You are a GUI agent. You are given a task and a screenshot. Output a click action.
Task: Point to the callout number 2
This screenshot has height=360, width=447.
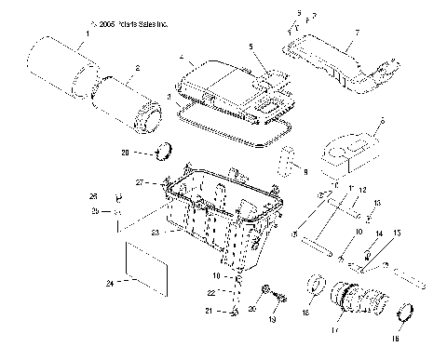tap(138, 67)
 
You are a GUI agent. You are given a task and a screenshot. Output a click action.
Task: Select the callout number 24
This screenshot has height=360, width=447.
tap(110, 282)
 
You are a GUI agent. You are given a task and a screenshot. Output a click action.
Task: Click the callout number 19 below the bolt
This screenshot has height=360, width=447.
tap(272, 318)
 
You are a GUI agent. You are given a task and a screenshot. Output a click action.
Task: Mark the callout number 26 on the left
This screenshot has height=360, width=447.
tap(118, 197)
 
